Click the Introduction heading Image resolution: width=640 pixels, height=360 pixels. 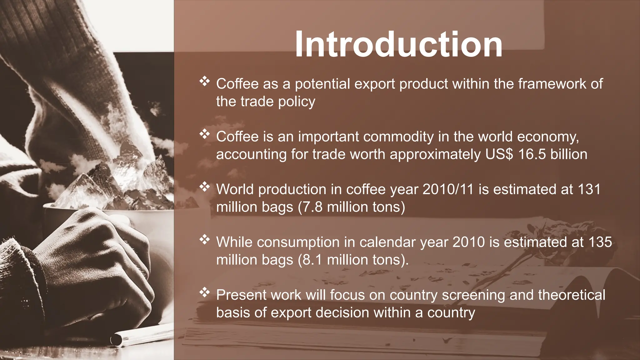point(398,44)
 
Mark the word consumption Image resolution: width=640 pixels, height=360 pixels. point(298,242)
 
